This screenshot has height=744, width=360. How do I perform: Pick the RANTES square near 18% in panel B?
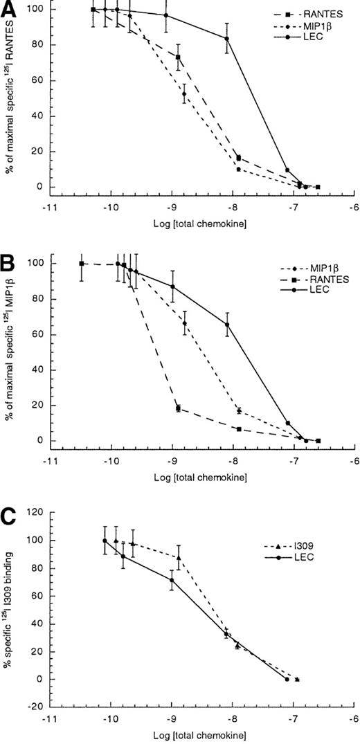[x=178, y=408]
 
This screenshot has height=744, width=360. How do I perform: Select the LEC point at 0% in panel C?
[x=287, y=680]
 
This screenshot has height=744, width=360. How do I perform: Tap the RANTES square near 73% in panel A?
[x=178, y=57]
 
